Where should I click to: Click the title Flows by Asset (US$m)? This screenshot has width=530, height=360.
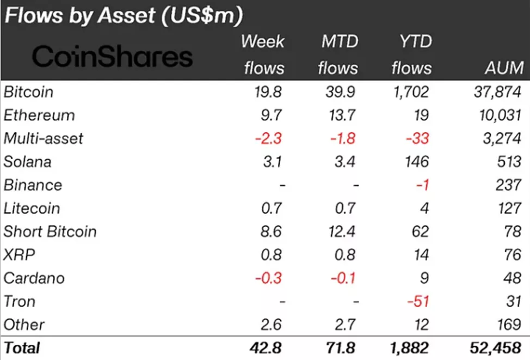(x=123, y=16)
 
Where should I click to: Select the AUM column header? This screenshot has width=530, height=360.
(x=504, y=68)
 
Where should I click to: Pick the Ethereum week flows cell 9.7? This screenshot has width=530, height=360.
(x=270, y=115)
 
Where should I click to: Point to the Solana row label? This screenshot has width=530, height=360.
(x=28, y=162)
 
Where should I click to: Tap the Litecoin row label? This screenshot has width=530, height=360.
(x=32, y=208)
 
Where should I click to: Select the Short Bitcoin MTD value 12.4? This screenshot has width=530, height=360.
(x=341, y=231)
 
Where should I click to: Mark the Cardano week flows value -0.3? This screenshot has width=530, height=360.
(x=269, y=278)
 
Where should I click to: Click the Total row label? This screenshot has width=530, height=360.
(x=22, y=347)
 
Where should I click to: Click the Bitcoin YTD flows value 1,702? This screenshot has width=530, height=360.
(x=408, y=92)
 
